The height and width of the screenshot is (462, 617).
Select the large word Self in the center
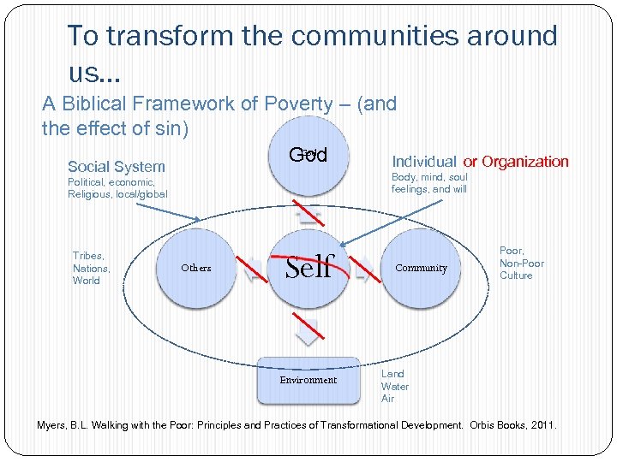(308, 267)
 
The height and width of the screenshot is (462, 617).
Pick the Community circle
(421, 268)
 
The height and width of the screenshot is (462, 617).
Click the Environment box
(308, 380)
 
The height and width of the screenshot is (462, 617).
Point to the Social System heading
(117, 167)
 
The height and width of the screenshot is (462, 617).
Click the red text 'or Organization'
(516, 162)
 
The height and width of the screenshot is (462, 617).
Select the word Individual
(424, 162)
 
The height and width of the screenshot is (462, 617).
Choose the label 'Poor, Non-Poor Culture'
(521, 263)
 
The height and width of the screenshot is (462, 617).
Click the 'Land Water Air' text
(394, 386)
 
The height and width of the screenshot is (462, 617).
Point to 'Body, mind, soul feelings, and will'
(429, 183)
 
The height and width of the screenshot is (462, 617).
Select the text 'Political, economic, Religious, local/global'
(117, 188)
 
